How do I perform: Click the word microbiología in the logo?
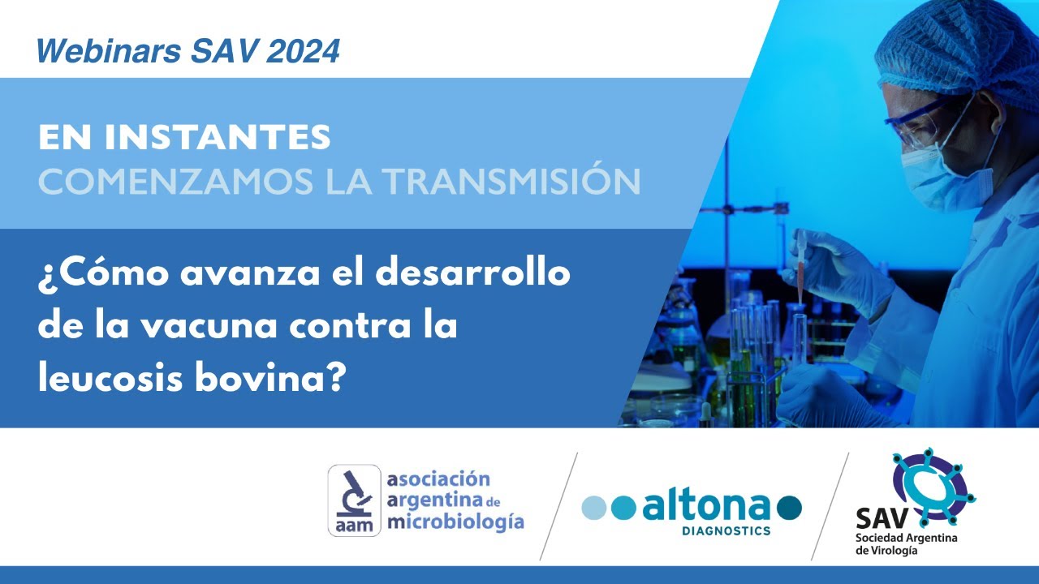tap(455, 522)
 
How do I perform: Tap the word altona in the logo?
tap(705, 507)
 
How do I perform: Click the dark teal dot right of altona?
tap(789, 508)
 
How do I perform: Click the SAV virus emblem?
tap(932, 483)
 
